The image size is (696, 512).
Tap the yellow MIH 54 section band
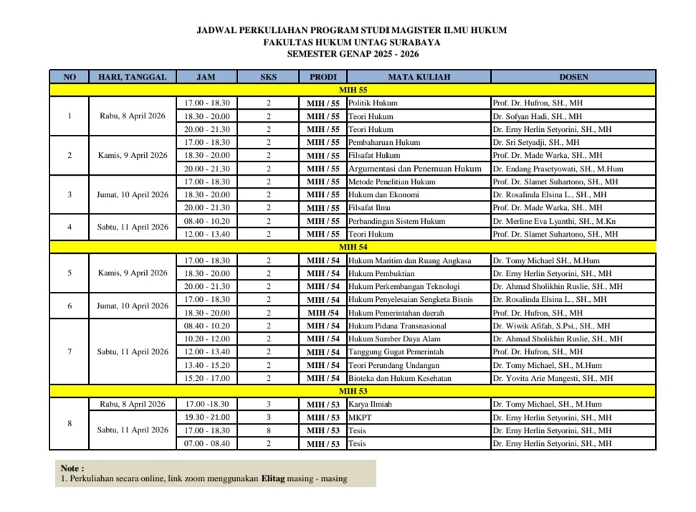[x=353, y=247]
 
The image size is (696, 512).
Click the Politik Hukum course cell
[x=373, y=103]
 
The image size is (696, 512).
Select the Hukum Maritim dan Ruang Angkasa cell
[x=409, y=260]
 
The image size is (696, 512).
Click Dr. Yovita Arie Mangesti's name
[x=553, y=378]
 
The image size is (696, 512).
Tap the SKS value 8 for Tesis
[x=268, y=430]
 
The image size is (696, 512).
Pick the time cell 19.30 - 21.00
[x=207, y=417]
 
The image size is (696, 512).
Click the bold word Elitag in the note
[x=272, y=478]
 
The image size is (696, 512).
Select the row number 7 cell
[x=70, y=352]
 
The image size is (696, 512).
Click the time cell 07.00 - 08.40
[x=207, y=444]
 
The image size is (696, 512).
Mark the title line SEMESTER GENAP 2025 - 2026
[x=352, y=54]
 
